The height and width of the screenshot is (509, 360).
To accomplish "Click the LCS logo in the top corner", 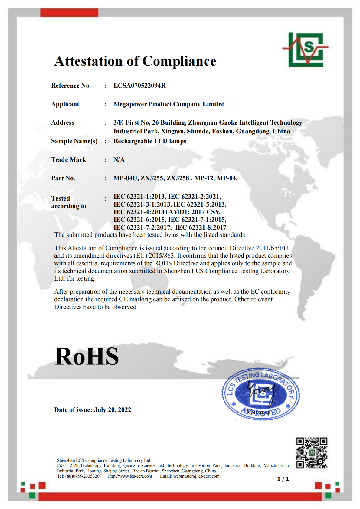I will (x=306, y=50).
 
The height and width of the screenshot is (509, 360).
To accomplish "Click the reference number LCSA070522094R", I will (x=139, y=86).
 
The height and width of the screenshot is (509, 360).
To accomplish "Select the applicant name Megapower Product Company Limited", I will (x=169, y=104).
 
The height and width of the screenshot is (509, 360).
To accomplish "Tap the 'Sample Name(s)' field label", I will (x=74, y=141).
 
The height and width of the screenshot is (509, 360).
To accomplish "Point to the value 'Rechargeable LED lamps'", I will (x=150, y=141).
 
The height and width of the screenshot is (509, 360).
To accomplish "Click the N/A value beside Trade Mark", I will (x=119, y=160).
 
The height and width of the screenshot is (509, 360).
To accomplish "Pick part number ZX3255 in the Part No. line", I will (x=152, y=178).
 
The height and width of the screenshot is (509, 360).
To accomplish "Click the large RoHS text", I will (x=87, y=356).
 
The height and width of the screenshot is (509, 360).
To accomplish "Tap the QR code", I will (x=312, y=453).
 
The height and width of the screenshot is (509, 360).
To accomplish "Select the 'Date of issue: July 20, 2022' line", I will (x=93, y=410).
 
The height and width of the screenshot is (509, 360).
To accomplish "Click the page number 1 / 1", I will (x=283, y=479).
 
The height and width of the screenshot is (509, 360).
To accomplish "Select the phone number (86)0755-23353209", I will (x=83, y=476).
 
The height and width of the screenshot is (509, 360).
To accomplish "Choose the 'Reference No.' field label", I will (x=71, y=86).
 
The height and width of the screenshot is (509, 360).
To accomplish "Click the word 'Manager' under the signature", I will (x=258, y=412).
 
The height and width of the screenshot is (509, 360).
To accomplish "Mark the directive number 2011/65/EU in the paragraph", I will (x=272, y=248).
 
